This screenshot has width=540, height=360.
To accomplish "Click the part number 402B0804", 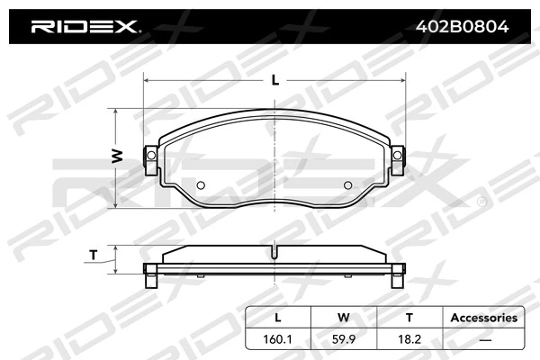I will coord(460,26).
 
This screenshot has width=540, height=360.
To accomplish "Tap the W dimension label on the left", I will coord(116,157).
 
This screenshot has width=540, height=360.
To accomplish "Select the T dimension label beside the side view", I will coord(94,255).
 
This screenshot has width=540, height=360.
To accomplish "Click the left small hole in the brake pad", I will coord(202,186).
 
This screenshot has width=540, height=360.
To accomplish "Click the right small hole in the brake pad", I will coord(348,186).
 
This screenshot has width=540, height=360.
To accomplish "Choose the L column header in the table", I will coord(277,318).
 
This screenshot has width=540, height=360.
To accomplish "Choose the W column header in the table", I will coord(342,318).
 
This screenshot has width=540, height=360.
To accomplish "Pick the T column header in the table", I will coord(408,318).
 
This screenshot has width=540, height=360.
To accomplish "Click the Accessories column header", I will coord(483,318).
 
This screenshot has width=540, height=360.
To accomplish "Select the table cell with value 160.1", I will coord(277,340).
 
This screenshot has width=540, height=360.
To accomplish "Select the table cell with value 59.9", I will coord(342,340).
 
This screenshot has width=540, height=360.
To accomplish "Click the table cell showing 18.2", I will coord(408,340).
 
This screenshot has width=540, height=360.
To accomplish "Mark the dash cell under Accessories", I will coord(483,340).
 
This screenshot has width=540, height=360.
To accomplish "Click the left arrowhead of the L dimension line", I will coord(148,80).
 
